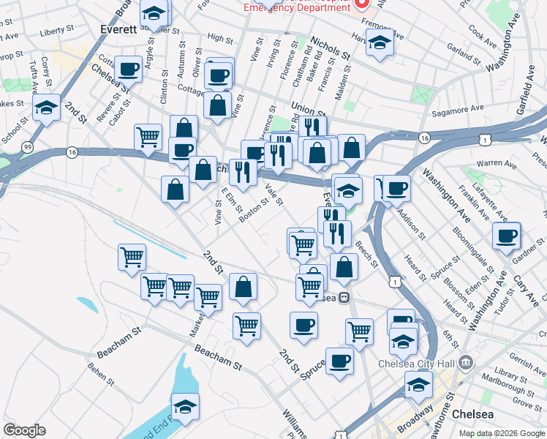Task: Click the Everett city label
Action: (118, 30)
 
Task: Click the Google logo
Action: (24, 430)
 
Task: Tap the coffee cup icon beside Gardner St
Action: (507, 237)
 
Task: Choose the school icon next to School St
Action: (47, 109)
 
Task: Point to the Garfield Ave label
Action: (526, 91)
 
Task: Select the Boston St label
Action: (254, 206)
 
